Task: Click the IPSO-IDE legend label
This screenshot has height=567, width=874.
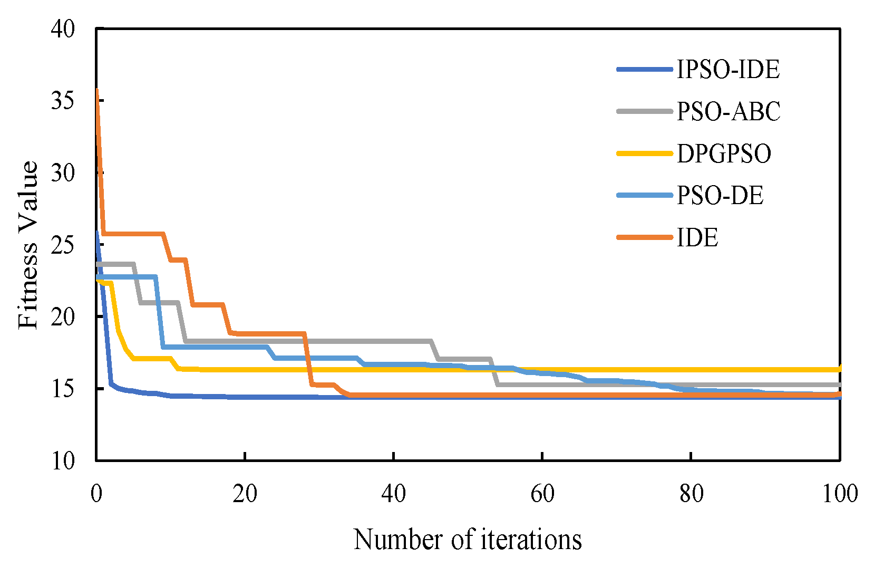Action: click(727, 69)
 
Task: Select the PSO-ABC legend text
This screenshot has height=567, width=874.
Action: click(728, 111)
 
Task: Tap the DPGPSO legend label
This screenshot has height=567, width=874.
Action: click(724, 153)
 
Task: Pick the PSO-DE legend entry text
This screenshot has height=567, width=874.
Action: click(720, 196)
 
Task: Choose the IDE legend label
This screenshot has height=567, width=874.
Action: click(697, 238)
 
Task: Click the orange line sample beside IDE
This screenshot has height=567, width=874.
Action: click(645, 238)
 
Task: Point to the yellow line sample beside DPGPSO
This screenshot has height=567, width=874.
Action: click(645, 153)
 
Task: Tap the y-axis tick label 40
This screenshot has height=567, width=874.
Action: click(63, 28)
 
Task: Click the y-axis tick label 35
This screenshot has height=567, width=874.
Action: click(63, 100)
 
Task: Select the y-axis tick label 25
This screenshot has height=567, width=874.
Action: click(63, 245)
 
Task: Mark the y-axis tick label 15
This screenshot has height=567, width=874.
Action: click(63, 389)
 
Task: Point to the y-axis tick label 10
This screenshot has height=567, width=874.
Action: click(63, 460)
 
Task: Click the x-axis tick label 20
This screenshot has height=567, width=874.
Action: click(245, 494)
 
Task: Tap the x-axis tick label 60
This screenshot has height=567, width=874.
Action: click(542, 494)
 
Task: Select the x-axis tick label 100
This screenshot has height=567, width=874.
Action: click(840, 494)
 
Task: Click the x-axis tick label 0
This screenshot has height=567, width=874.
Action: click(96, 494)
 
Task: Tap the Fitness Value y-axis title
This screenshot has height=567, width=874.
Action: click(28, 245)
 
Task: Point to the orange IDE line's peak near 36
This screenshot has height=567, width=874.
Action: click(97, 91)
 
